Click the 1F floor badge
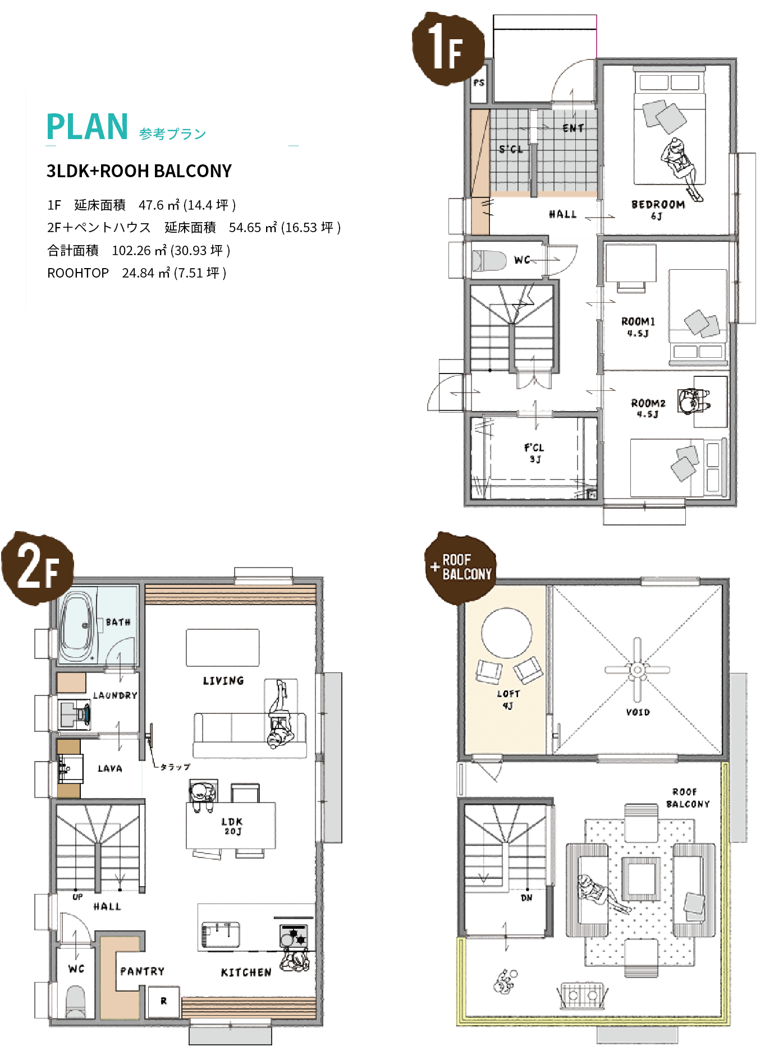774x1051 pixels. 448,49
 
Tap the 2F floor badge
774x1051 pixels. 38,568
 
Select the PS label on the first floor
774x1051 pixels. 479,82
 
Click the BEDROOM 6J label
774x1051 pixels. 658,209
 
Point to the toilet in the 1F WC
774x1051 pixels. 489,260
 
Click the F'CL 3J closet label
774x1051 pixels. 534,453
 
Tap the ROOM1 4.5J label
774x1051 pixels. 638,326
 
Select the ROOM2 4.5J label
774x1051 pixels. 648,408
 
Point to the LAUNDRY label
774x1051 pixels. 115,695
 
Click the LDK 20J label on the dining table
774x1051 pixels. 232,826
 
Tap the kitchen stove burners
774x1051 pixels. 294,935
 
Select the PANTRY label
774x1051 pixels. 143,971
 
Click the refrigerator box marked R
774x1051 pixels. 163,1002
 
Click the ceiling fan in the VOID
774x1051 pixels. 637,670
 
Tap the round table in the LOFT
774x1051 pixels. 507,633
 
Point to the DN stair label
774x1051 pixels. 526,898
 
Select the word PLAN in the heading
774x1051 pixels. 88,127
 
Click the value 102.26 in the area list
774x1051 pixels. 131,251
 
